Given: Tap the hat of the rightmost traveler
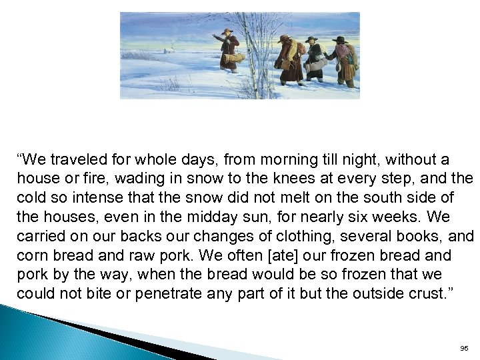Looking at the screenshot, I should (x=340, y=40).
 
